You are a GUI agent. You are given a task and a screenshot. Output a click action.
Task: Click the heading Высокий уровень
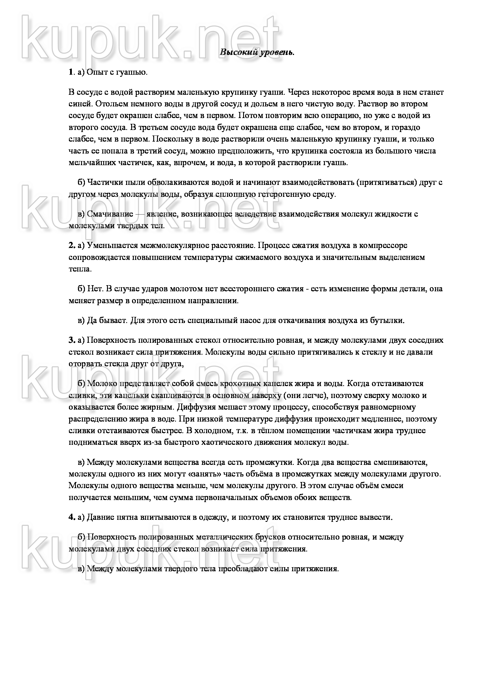pyautogui.click(x=257, y=52)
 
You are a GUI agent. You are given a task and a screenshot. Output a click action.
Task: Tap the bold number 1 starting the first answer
pyautogui.click(x=70, y=72)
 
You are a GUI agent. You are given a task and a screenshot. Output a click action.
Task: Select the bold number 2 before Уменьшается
pyautogui.click(x=71, y=245)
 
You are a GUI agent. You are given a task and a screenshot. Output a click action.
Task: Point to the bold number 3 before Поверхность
pyautogui.click(x=71, y=340)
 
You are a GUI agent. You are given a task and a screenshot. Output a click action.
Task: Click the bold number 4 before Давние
pyautogui.click(x=71, y=517)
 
